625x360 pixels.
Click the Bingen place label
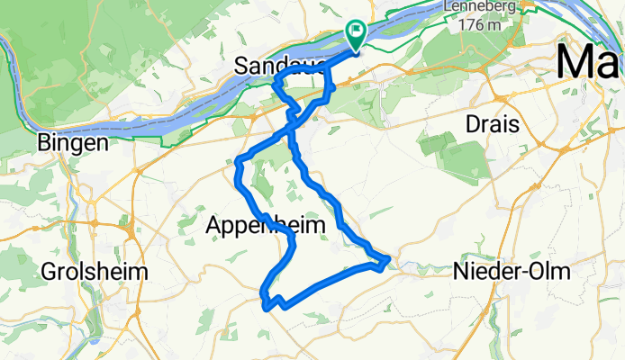point(73,142)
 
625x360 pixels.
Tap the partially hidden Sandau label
point(271,65)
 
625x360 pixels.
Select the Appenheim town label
point(266,226)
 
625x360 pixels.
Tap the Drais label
point(492,124)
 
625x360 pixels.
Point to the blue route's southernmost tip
point(267,307)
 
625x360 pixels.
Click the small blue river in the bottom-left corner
point(93,337)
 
